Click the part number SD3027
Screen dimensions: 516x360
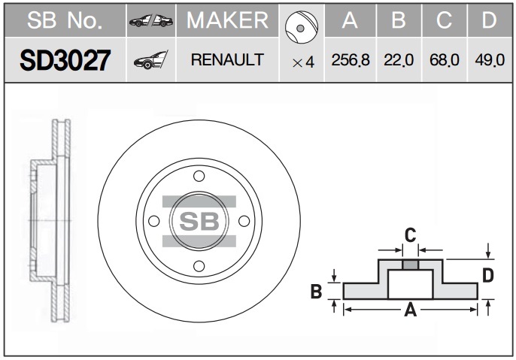[65, 60]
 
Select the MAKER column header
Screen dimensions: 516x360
[227, 20]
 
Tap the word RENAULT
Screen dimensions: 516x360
[227, 60]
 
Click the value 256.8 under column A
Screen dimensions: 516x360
[351, 60]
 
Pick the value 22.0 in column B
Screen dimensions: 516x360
[399, 60]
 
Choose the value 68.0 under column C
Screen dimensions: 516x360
[445, 60]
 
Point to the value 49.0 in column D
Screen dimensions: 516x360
[490, 60]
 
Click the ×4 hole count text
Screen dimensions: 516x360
[303, 62]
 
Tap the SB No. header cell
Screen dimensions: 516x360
[65, 20]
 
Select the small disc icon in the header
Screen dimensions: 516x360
[302, 27]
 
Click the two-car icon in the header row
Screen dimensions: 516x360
[151, 21]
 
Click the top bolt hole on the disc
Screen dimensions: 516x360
[199, 176]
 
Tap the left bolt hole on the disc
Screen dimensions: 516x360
[154, 221]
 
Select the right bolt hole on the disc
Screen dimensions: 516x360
[244, 221]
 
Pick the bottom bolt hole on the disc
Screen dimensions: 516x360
[199, 266]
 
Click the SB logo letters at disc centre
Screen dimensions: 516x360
[199, 221]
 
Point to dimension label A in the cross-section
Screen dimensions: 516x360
[411, 310]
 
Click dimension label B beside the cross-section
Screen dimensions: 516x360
[316, 291]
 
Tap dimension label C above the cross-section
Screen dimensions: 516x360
[411, 235]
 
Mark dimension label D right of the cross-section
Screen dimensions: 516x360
[488, 275]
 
